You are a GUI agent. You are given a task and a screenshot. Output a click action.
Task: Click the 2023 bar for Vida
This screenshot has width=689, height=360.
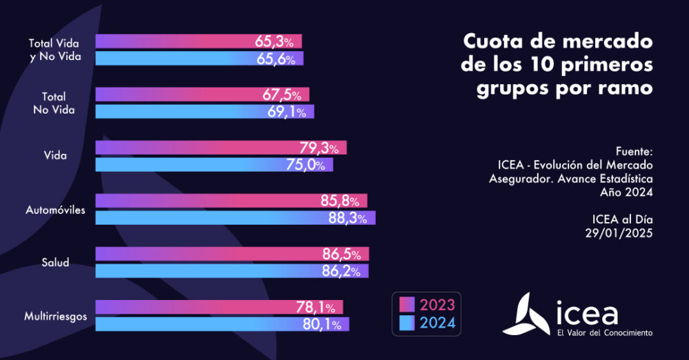click(221, 148)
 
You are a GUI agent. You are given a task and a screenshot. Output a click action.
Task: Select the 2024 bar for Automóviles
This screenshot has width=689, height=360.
click(234, 218)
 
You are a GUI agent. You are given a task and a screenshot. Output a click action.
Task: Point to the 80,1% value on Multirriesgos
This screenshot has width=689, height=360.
click(322, 324)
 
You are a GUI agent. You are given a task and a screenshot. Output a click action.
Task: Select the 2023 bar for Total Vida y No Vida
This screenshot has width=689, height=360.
click(199, 41)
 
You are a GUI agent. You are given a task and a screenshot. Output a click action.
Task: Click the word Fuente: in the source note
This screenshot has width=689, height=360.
click(633, 151)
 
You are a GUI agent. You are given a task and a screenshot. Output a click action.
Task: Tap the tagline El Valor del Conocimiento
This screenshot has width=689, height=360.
click(604, 333)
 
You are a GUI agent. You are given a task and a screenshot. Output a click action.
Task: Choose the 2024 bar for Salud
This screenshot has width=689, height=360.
click(232, 271)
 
